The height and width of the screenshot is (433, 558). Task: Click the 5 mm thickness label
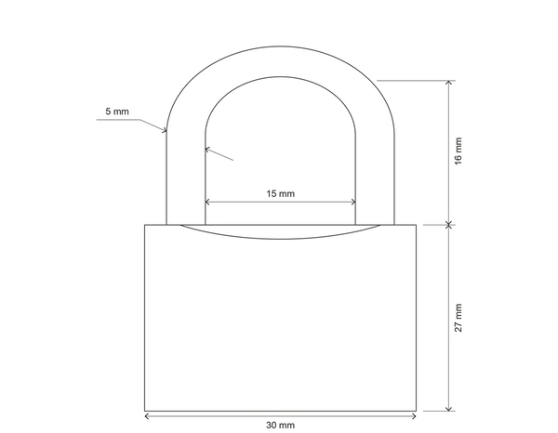pos(117,112)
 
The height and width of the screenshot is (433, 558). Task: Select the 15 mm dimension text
pos(280,194)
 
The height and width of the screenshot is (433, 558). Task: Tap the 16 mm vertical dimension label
pos(458,151)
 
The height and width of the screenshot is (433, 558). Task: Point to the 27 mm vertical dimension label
pos(458,317)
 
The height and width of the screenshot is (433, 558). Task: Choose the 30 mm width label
pos(280,425)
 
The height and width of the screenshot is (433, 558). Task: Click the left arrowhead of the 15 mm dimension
pos(207,203)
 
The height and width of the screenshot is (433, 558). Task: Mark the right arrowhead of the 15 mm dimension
pos(354,203)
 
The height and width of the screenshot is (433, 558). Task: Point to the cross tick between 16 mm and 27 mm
pos(449,224)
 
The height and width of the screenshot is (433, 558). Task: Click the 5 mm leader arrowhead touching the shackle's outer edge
pos(165,131)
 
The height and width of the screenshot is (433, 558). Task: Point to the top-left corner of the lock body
pos(145,225)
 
